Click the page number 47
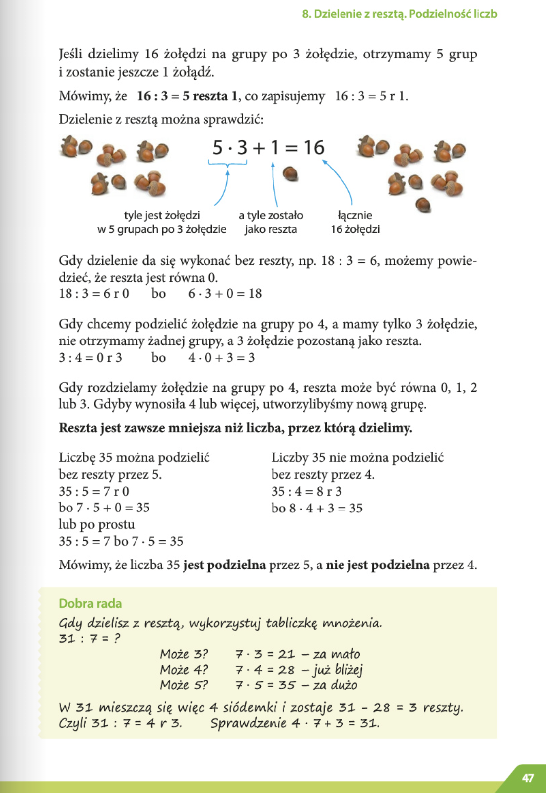(528, 778)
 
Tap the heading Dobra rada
(90, 603)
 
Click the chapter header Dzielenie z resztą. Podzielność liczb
(400, 14)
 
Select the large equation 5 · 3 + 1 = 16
(268, 148)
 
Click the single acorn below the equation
(290, 173)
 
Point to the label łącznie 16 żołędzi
(355, 222)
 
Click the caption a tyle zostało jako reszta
(271, 222)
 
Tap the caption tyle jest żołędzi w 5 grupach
(162, 222)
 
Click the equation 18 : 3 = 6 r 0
(94, 293)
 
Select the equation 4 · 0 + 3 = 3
(221, 357)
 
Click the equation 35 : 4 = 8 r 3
(306, 491)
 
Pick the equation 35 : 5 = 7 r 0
(94, 491)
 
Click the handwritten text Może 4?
(184, 670)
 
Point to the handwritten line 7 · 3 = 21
(265, 654)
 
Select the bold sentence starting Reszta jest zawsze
(235, 428)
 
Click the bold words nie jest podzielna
(377, 565)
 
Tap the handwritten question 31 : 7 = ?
(89, 638)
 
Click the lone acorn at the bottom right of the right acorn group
(423, 204)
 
